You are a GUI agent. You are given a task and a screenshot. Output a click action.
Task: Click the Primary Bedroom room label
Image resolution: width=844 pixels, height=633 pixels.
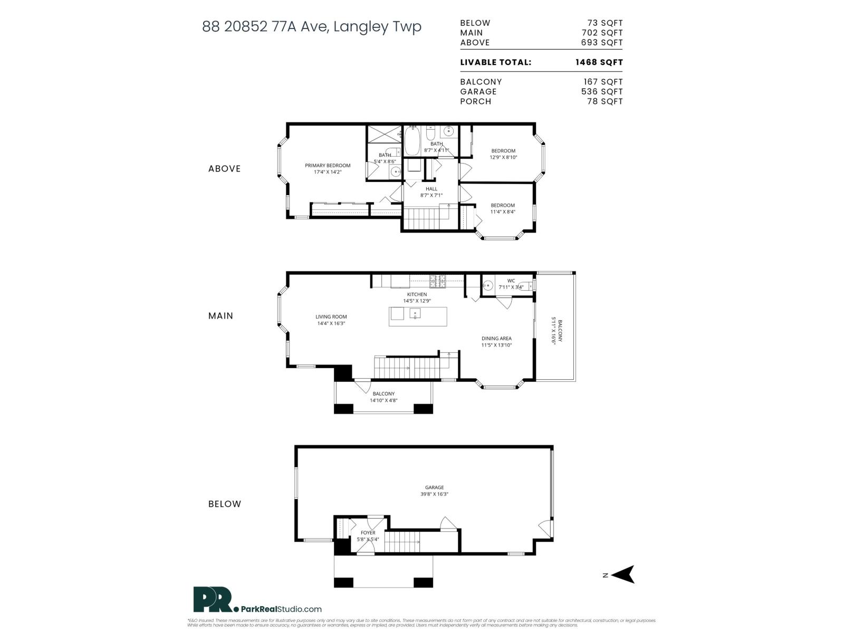[328, 166]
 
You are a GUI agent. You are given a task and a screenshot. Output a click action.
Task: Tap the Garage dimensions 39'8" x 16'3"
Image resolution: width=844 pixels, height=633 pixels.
[435, 494]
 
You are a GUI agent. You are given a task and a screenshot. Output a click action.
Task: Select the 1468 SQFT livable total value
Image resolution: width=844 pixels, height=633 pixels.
[599, 62]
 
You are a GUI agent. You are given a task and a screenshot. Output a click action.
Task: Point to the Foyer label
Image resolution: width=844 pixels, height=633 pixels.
[368, 533]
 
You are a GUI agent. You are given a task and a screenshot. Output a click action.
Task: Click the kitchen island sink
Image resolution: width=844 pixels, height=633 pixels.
[415, 314]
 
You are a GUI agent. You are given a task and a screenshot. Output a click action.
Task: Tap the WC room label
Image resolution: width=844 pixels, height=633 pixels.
[511, 281]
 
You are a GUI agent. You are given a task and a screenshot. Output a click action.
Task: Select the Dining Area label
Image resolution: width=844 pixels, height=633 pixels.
[496, 339]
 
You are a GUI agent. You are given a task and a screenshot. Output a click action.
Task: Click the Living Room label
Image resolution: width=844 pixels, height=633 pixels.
[331, 317]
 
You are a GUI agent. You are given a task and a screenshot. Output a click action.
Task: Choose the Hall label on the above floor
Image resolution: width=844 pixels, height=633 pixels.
[431, 189]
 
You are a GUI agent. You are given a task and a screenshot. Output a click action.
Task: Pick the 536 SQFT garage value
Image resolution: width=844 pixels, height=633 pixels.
[602, 91]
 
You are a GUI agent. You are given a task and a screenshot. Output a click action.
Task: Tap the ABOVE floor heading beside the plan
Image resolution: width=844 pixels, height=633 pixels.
[224, 169]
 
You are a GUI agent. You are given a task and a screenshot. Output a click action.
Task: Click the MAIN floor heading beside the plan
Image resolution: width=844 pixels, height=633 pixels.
[220, 316]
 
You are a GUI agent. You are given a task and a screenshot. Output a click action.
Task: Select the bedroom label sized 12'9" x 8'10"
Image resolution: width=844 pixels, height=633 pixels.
[503, 151]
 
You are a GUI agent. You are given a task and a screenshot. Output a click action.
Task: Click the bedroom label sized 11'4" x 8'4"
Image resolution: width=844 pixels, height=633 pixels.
[503, 206]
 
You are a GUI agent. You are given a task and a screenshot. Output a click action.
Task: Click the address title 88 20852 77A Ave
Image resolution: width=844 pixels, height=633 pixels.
[311, 26]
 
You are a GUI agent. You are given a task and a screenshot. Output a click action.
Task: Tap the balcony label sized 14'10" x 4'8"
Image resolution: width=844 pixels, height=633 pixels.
[383, 394]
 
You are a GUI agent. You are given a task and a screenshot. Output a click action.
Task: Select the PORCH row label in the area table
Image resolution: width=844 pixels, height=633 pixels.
[475, 101]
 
